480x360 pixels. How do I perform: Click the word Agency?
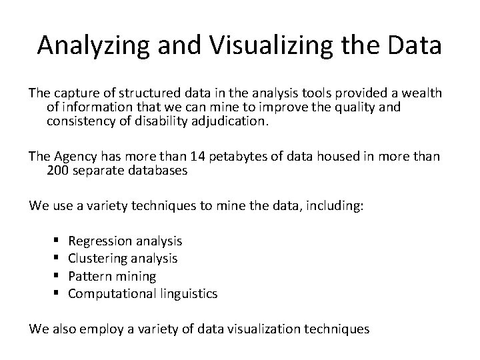[x=76, y=157]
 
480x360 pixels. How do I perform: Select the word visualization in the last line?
[x=274, y=329]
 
